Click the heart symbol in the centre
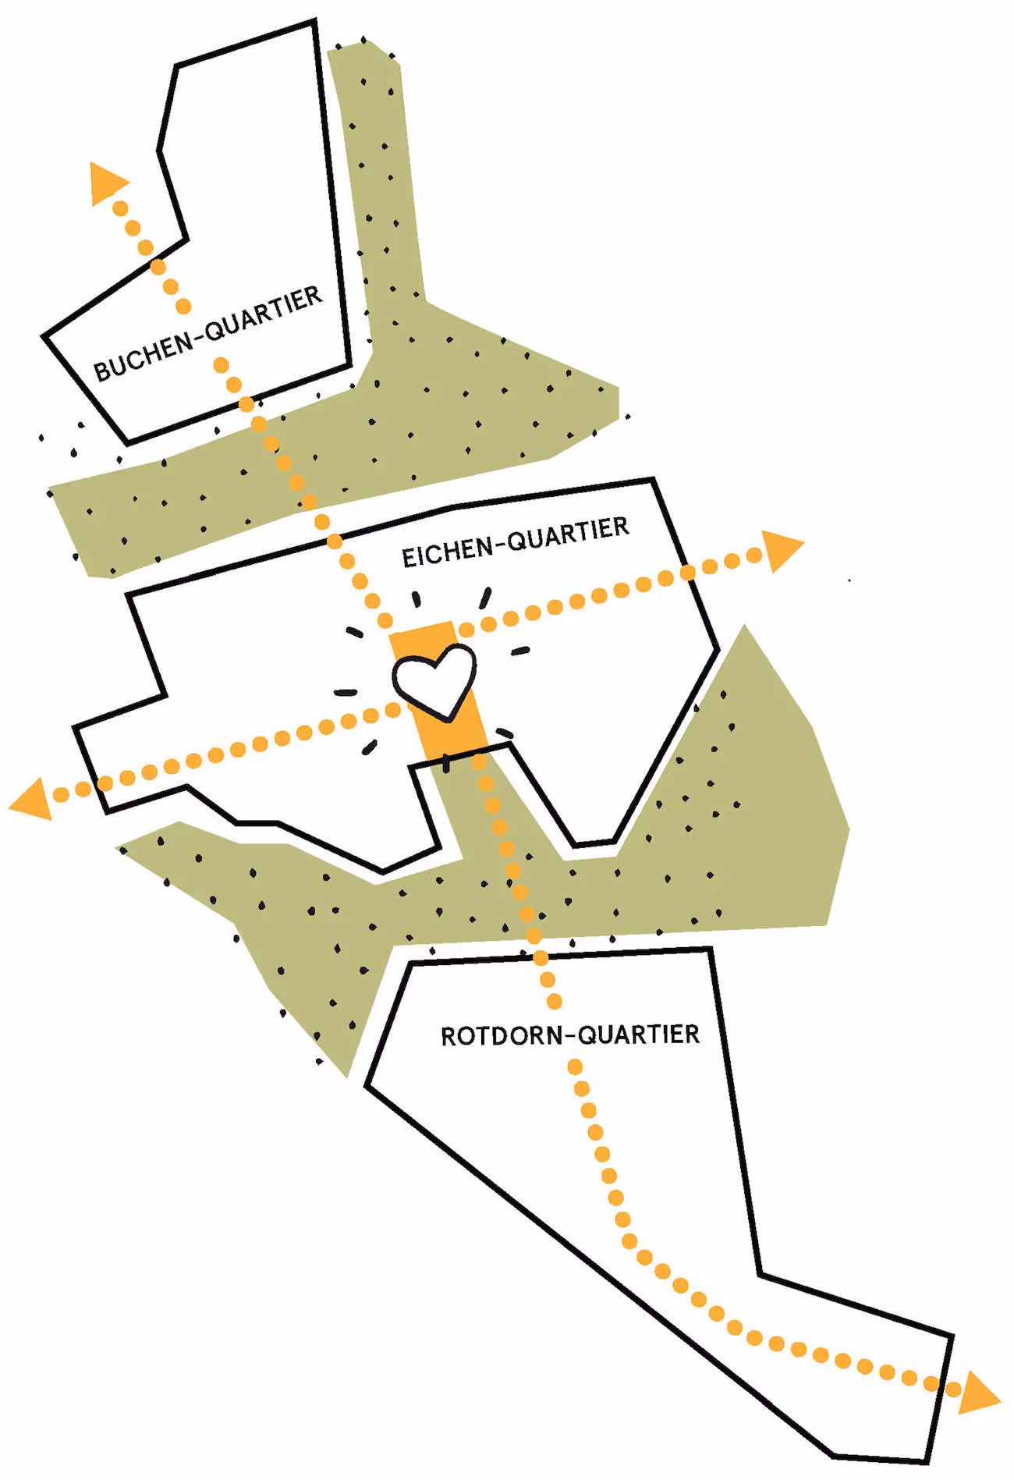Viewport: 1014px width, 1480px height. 434,680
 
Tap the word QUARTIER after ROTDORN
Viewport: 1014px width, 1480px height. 639,1035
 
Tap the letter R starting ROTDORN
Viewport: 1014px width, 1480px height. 448,1037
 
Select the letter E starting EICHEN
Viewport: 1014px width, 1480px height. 407,559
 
